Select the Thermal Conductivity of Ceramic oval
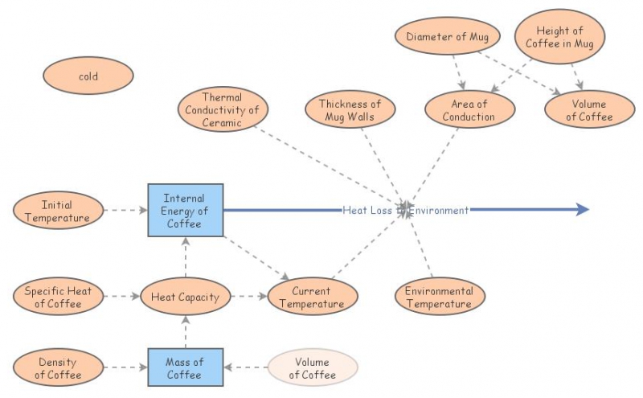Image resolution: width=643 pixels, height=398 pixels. tap(222, 110)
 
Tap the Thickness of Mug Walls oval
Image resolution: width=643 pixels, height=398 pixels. tap(350, 110)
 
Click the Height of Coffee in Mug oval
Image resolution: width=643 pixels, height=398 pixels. tap(559, 37)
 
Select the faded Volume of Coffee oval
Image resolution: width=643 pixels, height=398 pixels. tap(313, 367)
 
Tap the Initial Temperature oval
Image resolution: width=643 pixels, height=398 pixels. tap(57, 211)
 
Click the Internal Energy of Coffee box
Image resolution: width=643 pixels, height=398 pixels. tap(185, 211)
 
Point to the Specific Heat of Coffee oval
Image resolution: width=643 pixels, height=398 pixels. tap(59, 297)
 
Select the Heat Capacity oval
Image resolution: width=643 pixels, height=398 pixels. tap(185, 297)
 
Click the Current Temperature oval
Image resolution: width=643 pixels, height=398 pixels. tap(312, 297)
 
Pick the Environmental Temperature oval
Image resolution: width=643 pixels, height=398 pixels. tap(439, 297)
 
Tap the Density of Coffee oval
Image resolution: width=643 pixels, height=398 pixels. tap(59, 367)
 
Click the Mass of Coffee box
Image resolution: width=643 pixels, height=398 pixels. tap(185, 367)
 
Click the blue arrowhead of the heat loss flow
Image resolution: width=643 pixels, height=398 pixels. tap(583, 210)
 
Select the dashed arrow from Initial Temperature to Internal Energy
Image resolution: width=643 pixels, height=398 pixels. tap(125, 211)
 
